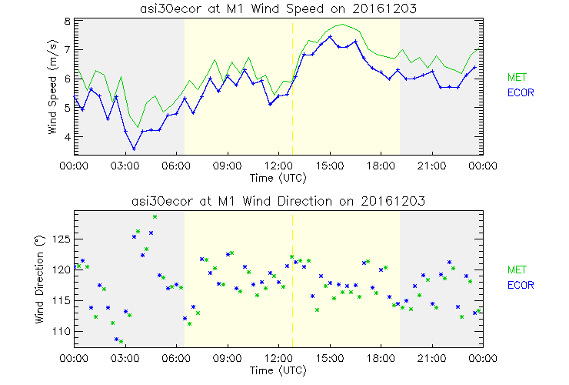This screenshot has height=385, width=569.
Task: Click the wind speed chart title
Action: click(278, 8)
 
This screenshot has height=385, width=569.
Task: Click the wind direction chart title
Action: click(278, 201)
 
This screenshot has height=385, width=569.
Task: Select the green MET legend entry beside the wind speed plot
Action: click(516, 77)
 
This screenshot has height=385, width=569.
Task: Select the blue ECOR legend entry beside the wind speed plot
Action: click(519, 92)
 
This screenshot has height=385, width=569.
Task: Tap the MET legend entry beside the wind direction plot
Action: click(516, 269)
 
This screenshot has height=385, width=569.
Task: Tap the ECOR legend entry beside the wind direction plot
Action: click(519, 285)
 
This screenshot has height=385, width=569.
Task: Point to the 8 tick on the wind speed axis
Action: click(68, 21)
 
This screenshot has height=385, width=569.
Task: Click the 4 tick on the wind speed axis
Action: click(68, 137)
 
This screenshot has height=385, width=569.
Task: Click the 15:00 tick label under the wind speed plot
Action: click(330, 166)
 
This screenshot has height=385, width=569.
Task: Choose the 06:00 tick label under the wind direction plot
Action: click(177, 358)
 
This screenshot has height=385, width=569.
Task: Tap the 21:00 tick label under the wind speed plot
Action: click(431, 166)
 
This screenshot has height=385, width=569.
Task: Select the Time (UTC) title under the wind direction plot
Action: click(278, 370)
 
